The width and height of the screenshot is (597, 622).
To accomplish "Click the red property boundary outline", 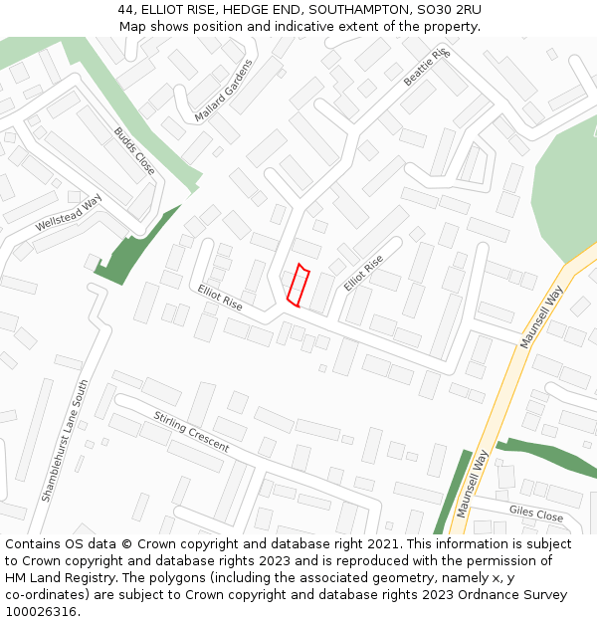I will (x=298, y=285).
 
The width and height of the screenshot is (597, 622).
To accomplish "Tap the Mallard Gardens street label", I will (x=224, y=90).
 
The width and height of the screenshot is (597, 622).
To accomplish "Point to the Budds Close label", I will (x=133, y=150).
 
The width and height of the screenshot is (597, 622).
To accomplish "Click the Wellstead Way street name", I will (x=69, y=213).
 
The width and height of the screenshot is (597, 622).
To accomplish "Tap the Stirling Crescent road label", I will (x=191, y=431).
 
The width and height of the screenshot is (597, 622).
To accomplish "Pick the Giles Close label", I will (x=536, y=514).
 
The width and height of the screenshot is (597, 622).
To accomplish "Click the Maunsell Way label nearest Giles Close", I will (x=474, y=483).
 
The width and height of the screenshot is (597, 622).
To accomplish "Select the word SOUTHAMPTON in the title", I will (x=356, y=10).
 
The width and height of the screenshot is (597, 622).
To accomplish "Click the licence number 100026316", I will (x=42, y=612).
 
